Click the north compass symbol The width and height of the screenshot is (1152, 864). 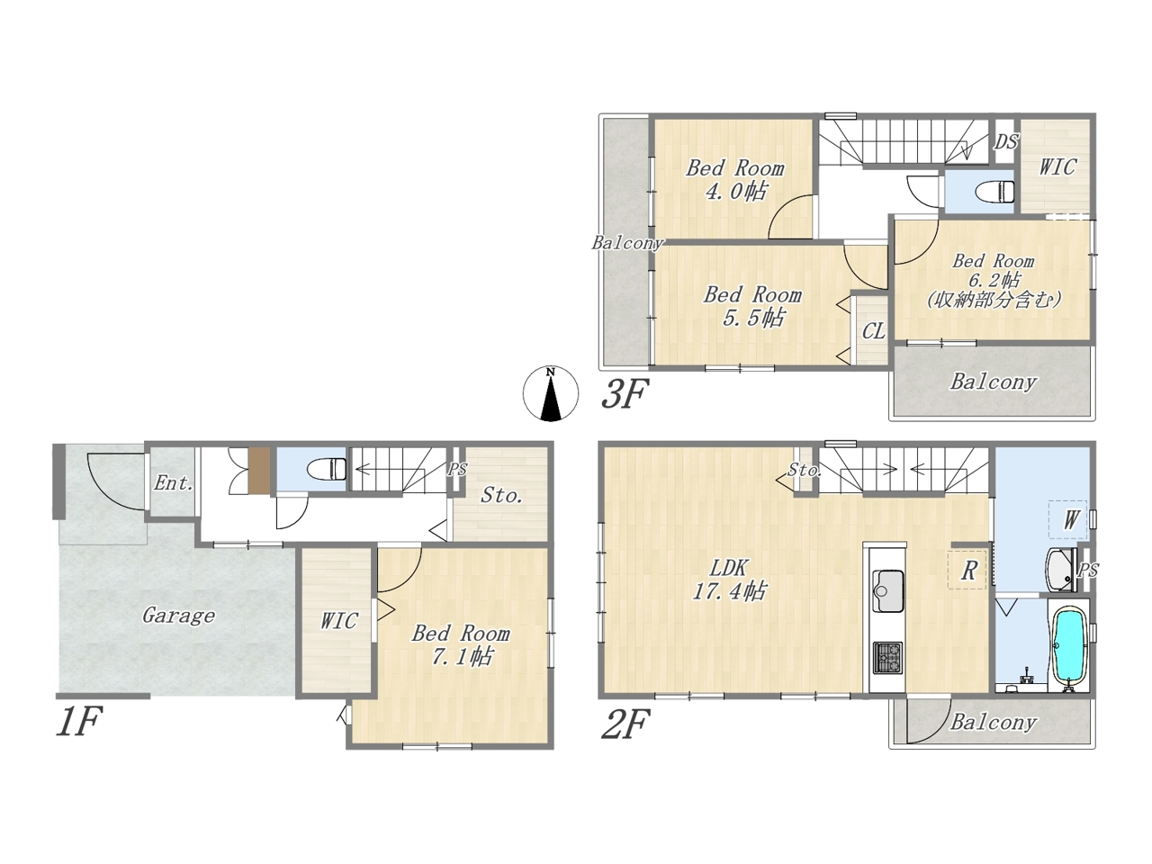(x=551, y=393)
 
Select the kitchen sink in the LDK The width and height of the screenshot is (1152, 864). (x=887, y=591)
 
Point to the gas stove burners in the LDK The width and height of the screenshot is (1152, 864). (x=887, y=658)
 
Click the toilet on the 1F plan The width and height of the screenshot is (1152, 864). (x=327, y=469)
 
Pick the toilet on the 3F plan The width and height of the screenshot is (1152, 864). (x=994, y=192)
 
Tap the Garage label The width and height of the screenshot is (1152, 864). (x=178, y=616)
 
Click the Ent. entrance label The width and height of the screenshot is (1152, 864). (x=173, y=483)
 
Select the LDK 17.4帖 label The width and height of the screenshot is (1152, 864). (x=729, y=580)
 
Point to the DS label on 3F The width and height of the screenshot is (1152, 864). (x=1006, y=141)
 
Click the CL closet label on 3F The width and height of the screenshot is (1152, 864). (x=873, y=331)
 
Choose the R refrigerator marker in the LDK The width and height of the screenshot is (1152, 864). (x=968, y=571)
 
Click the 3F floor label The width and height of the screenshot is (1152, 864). (x=625, y=394)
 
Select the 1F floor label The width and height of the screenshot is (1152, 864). (x=78, y=722)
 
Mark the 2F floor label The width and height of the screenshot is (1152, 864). (x=625, y=724)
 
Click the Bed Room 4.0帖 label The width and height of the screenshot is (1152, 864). (x=734, y=180)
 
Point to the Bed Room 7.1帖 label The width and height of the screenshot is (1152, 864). (x=460, y=644)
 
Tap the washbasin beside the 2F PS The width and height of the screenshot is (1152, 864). (x=1061, y=569)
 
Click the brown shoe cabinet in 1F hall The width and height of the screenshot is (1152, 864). (x=259, y=470)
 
